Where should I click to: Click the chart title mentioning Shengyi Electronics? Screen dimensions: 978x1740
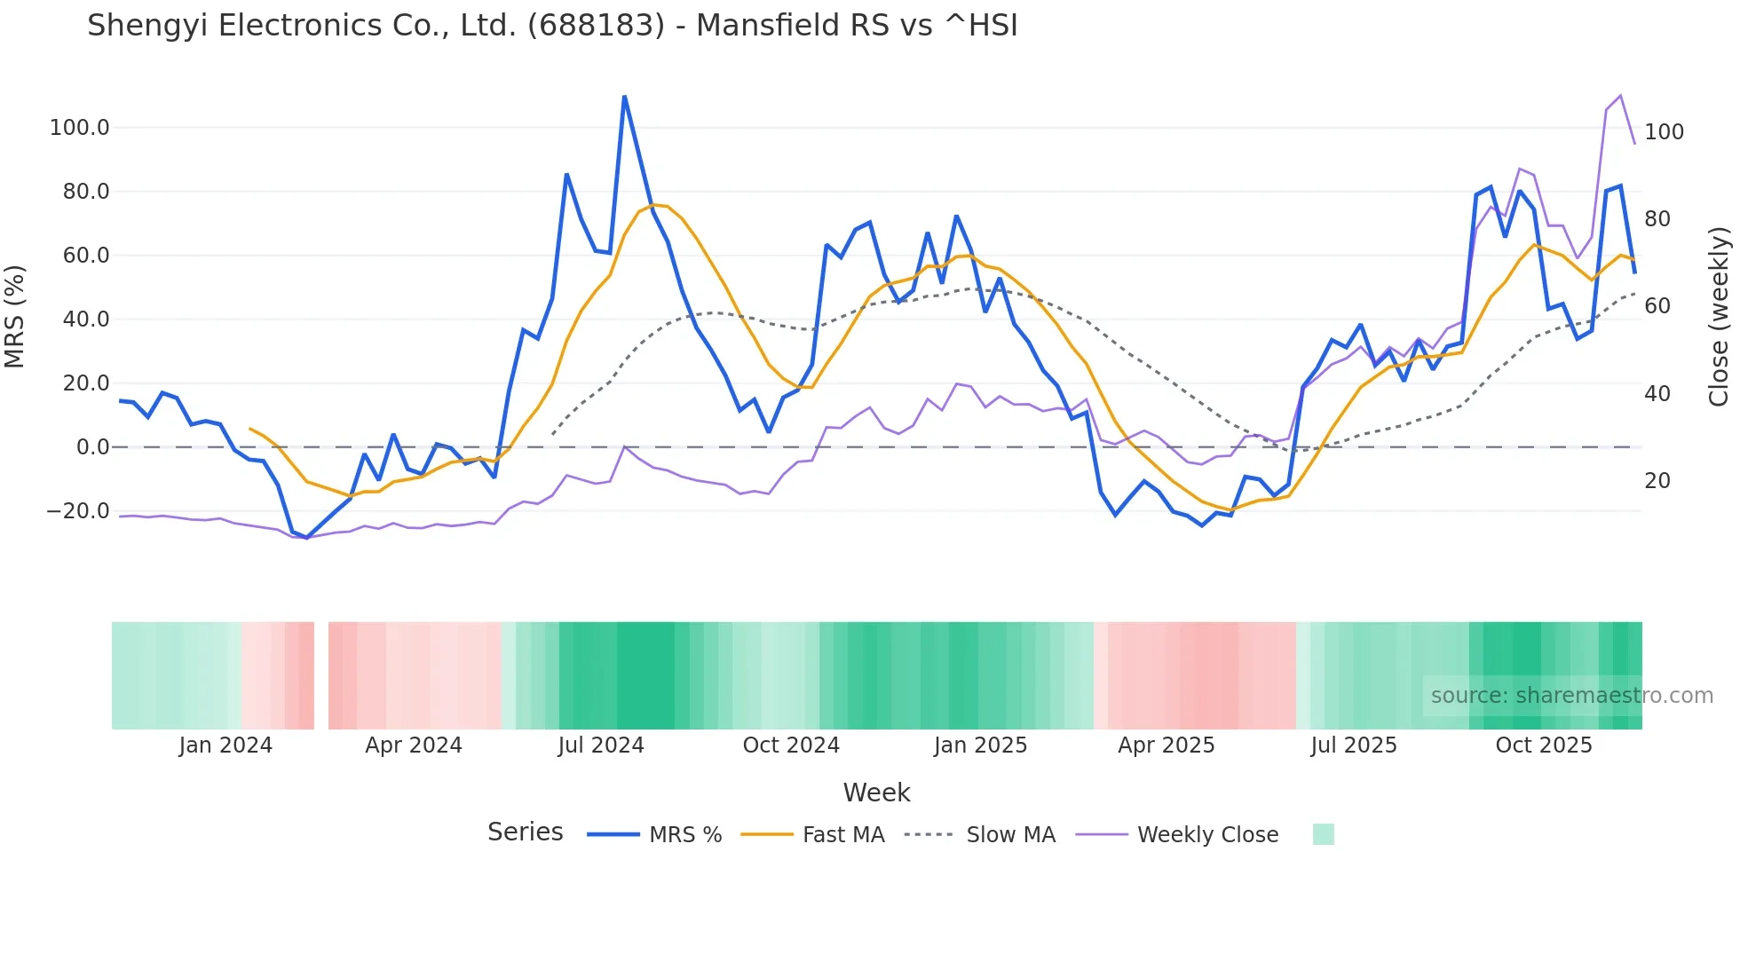coord(552,26)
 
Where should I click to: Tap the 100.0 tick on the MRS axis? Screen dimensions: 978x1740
coord(80,128)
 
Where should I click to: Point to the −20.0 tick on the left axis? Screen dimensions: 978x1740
coord(78,511)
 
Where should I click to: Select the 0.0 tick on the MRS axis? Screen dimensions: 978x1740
coord(92,447)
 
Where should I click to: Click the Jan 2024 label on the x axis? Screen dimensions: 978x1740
coord(225,745)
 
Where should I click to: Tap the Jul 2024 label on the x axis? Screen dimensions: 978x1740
coord(601,745)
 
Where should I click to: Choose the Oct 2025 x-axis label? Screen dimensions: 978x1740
coord(1544,745)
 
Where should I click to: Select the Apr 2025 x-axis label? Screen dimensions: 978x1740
coord(1166,745)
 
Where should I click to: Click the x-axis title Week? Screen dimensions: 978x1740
coord(876,793)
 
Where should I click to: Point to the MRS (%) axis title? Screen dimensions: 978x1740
coord(15,317)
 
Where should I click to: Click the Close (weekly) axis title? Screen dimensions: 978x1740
coord(1719,317)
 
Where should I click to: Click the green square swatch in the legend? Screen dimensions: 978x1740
coord(1323,834)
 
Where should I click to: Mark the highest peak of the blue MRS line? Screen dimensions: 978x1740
coord(624,96)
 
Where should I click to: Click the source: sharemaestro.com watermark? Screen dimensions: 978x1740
coord(1571,696)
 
